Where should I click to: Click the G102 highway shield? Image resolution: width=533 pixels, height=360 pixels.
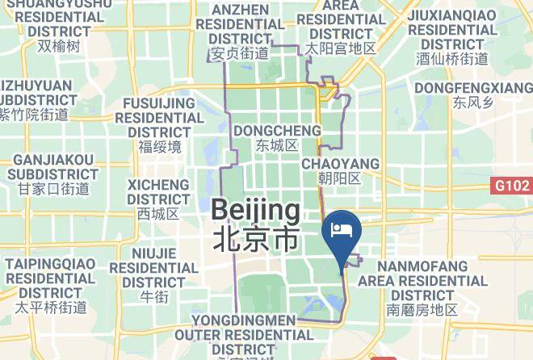(x=512, y=186)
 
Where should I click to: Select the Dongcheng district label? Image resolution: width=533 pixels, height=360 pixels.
(x=277, y=130)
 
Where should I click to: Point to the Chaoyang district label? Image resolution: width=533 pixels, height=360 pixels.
(x=340, y=164)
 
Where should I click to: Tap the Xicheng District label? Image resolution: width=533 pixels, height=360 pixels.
(x=158, y=192)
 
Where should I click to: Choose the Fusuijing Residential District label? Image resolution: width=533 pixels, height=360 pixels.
(x=159, y=117)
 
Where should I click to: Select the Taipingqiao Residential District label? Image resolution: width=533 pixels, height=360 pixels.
(x=51, y=278)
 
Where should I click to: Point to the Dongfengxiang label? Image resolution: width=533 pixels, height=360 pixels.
(x=472, y=87)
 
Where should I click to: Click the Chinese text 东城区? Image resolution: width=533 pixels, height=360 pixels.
(x=277, y=146)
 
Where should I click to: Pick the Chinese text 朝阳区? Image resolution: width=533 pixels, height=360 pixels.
(x=340, y=178)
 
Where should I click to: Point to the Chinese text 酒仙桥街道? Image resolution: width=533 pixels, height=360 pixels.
(x=451, y=58)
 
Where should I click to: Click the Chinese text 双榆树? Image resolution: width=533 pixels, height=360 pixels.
(x=58, y=46)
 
